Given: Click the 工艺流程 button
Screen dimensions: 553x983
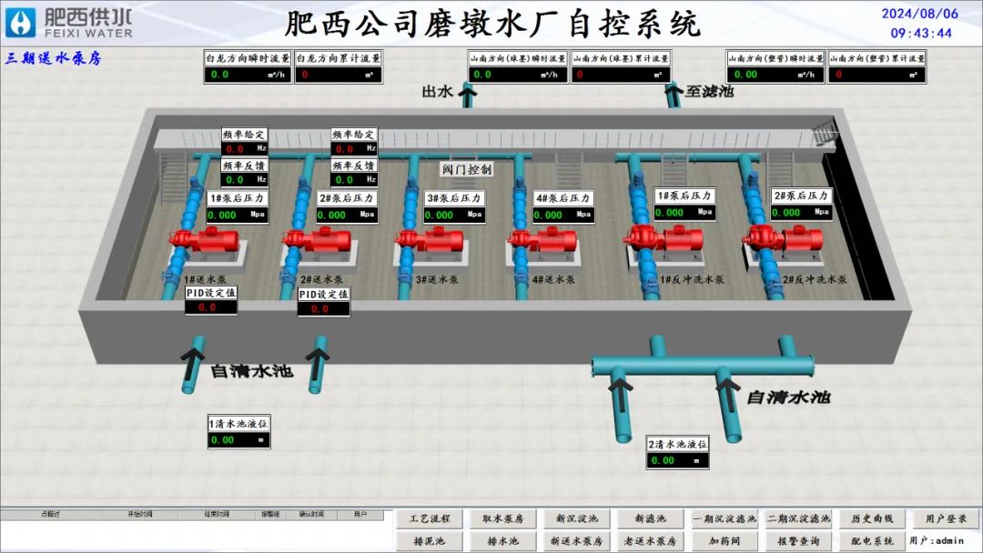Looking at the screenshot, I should click(x=430, y=518).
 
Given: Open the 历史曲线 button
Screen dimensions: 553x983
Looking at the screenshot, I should click(x=872, y=518).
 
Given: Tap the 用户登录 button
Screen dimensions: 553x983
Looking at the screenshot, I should click(x=946, y=518).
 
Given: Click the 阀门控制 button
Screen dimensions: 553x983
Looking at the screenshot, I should click(x=466, y=169).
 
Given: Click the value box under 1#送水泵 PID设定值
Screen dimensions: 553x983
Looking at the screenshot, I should click(x=210, y=307).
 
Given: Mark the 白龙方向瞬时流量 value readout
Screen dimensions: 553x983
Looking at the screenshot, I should click(x=247, y=75).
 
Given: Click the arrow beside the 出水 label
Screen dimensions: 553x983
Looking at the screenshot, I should click(x=468, y=94).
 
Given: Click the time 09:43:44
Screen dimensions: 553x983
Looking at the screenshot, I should click(x=921, y=33).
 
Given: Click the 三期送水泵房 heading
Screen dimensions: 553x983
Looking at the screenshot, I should click(x=53, y=58).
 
